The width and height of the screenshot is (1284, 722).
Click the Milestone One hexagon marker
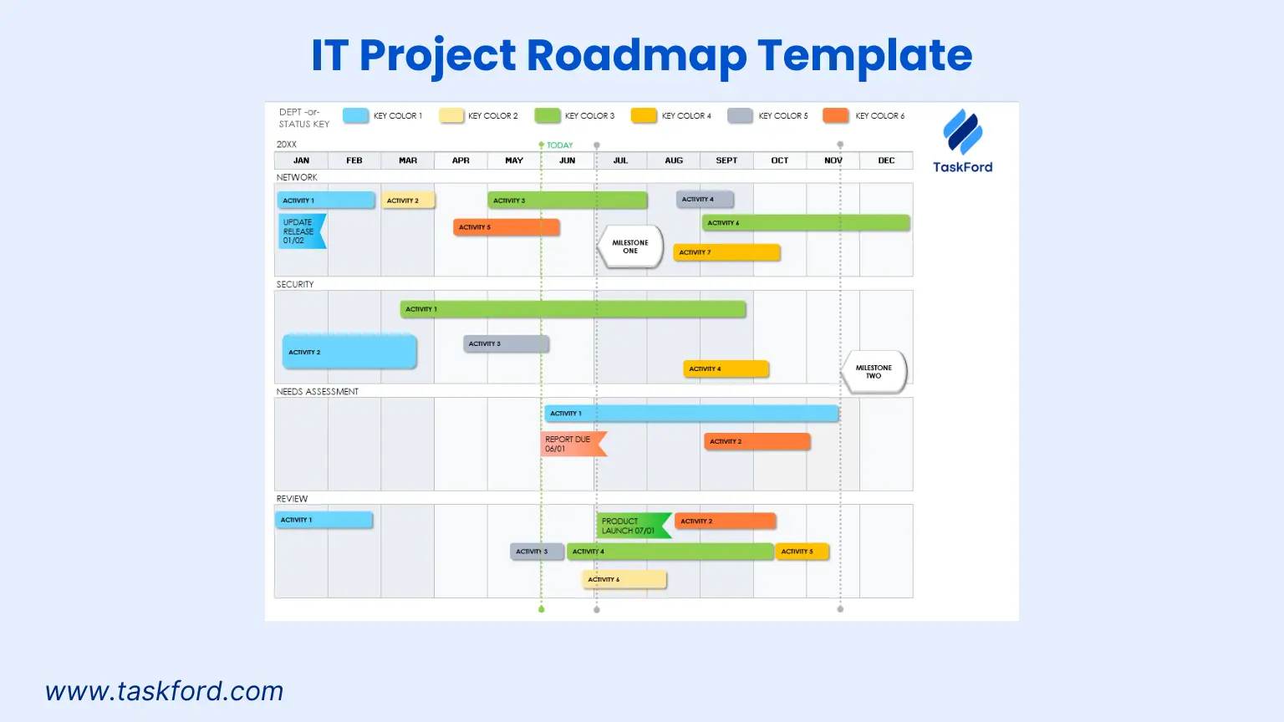click(630, 247)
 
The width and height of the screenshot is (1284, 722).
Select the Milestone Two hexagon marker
click(874, 372)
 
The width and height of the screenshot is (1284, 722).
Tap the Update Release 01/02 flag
click(301, 231)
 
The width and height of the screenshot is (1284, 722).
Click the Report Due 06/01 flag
click(572, 444)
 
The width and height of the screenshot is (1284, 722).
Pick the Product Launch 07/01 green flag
click(633, 526)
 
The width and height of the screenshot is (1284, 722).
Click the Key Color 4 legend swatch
click(644, 115)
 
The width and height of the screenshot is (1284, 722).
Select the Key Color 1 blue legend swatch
click(355, 115)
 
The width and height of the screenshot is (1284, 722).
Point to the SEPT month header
click(726, 160)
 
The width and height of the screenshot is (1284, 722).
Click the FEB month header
click(354, 160)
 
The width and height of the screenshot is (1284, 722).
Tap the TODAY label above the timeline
click(559, 145)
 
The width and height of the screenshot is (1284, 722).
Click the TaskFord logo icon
click(962, 132)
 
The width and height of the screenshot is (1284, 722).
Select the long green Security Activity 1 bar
click(573, 309)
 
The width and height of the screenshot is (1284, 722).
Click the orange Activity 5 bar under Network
click(506, 227)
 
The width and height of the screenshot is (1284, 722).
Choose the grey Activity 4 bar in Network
click(705, 199)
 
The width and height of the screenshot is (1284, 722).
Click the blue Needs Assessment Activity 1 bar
click(691, 414)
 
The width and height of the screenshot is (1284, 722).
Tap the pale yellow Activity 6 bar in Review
click(624, 579)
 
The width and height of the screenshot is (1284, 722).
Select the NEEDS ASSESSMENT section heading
click(318, 391)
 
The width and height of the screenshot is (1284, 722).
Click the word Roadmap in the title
click(636, 55)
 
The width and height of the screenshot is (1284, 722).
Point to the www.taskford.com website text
click(165, 691)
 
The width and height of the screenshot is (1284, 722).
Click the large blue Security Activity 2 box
click(349, 352)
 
